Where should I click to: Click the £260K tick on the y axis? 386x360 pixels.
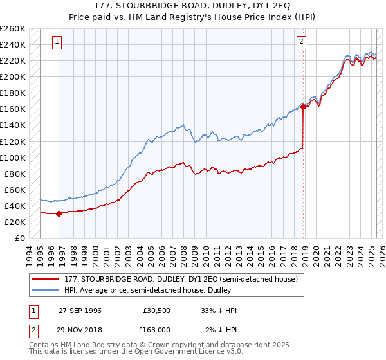pos(12,29)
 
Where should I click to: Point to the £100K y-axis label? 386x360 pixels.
pos(12,157)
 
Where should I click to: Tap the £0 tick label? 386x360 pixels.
pos(19,238)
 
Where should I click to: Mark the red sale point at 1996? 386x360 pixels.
pos(59,213)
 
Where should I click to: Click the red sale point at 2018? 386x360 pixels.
pos(303,107)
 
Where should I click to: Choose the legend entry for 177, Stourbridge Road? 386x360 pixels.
pos(181,279)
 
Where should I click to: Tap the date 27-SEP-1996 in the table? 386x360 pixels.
pos(80,310)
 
